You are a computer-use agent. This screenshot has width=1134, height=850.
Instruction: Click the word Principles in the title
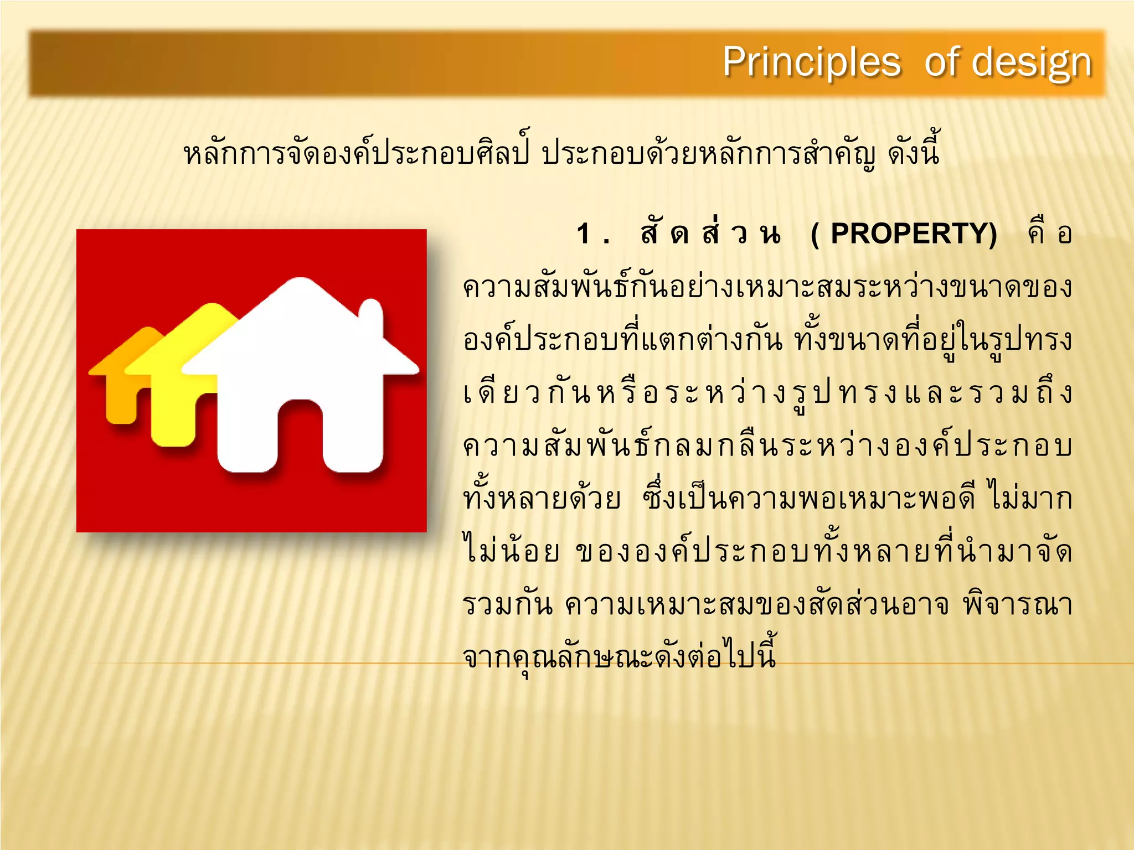tap(811, 62)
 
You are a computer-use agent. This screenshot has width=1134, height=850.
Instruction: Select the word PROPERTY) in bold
tap(914, 234)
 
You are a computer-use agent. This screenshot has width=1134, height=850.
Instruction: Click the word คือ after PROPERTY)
tap(1049, 234)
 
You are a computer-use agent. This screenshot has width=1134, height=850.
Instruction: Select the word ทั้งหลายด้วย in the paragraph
tap(542, 498)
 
